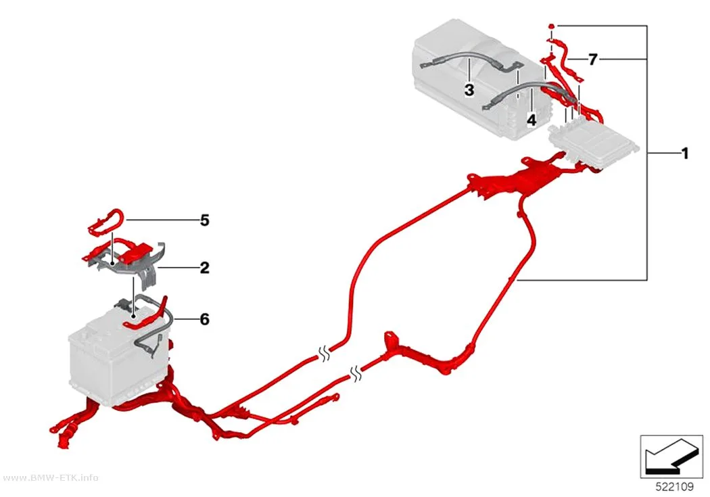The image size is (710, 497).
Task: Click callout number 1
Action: coord(684,154)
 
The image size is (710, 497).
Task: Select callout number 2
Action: coord(205,268)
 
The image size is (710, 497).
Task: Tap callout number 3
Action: coord(469,90)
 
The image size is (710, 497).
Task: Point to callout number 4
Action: coord(531,120)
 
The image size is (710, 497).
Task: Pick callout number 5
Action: coord(205,220)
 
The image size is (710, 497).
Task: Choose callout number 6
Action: coord(205,319)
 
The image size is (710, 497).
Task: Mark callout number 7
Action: coord(593,59)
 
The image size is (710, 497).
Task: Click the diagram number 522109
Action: coord(675,487)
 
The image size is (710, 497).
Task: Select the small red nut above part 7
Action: coord(552,26)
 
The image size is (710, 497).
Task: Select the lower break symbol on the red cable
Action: coord(356,373)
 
